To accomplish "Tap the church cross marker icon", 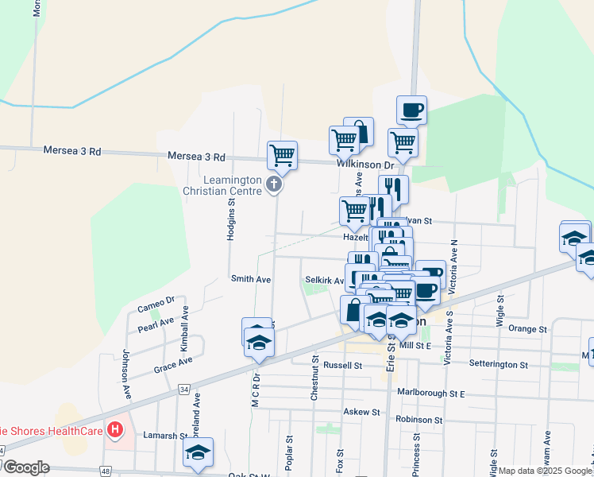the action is [274, 185].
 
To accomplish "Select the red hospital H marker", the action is [116, 431].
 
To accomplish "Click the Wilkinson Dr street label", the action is [365, 165].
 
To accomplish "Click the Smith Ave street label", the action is [251, 279].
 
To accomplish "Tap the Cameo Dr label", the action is [156, 304].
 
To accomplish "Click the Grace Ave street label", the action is [173, 362].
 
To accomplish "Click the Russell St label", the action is [342, 366].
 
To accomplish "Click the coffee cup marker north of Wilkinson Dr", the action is [411, 110].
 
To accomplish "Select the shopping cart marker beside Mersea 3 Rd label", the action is [282, 156].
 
